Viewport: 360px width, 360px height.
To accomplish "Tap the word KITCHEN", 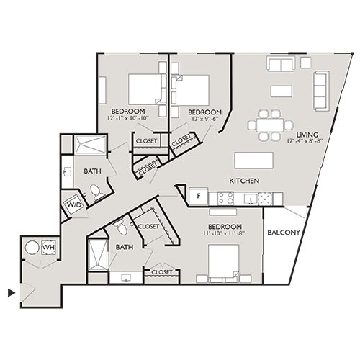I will point(244,180).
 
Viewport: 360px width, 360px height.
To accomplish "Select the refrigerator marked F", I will point(197,196).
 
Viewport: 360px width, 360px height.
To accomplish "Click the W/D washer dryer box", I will point(75,204).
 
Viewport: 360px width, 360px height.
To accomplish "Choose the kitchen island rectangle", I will point(256,160).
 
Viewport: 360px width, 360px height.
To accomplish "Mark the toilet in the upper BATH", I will point(94,192).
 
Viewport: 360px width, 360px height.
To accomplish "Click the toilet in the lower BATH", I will point(120,229).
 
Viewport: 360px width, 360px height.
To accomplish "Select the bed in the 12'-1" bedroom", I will point(147,89).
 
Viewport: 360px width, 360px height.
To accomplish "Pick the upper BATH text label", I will point(91,171).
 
